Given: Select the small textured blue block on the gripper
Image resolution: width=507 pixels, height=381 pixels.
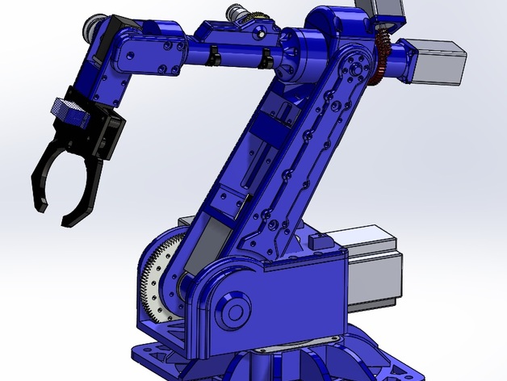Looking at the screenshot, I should (68, 110).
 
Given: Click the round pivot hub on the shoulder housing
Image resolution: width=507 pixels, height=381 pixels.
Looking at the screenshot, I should (234, 311).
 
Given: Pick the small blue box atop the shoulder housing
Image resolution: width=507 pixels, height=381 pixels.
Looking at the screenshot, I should (318, 240).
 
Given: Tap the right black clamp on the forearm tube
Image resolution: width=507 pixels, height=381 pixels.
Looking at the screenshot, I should (264, 57).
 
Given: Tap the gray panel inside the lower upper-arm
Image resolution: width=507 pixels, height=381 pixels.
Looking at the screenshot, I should (212, 243).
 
